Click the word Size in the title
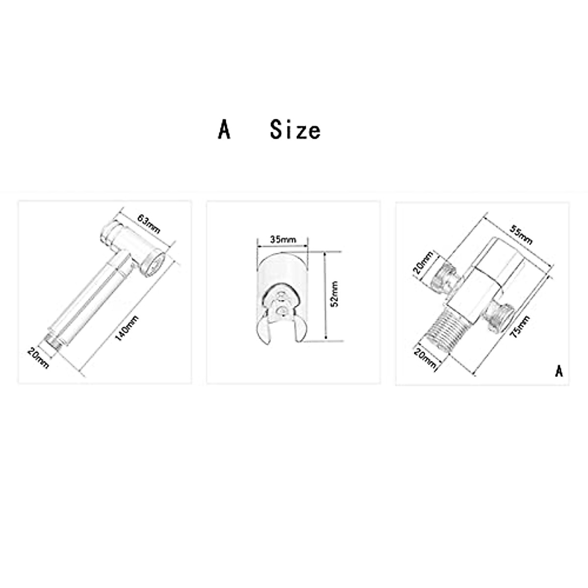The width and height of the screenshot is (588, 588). (295, 130)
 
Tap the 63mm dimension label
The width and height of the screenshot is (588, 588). (148, 223)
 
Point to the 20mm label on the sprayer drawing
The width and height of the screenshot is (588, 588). (38, 358)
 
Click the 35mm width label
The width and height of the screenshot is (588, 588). (283, 240)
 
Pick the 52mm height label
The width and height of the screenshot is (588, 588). (335, 294)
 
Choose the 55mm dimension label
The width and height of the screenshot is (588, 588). (521, 236)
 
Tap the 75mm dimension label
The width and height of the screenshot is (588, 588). (520, 326)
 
